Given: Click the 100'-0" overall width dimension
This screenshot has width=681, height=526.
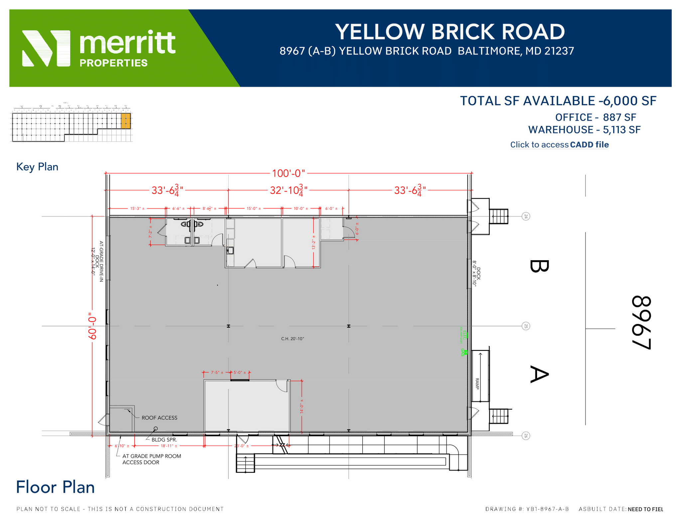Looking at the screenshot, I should pos(288,173).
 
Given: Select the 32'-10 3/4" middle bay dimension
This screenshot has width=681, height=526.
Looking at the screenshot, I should pos(288,190).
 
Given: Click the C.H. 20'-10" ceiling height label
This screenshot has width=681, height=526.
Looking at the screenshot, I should pos(292,339).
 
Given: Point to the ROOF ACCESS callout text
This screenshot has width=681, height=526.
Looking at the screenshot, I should pos(159,418).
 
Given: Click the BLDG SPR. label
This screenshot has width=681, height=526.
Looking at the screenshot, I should pos(164,440).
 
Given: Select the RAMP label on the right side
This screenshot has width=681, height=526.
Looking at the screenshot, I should pos(477,384).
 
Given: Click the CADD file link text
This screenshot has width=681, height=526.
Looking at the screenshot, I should pos(589,145).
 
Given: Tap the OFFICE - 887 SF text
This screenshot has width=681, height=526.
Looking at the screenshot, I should pos(595,117).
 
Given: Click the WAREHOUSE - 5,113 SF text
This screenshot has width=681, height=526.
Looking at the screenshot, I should pos(584,130).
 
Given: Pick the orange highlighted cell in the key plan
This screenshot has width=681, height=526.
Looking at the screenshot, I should pos(126,121).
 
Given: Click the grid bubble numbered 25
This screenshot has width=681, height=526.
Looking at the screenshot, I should pos(526,326).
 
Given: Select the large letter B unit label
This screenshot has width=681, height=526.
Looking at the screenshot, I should pos(538,266).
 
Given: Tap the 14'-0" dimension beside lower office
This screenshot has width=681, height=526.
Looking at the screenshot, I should pos(302,408).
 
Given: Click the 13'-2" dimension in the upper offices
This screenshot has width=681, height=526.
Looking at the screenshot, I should pos(313,242).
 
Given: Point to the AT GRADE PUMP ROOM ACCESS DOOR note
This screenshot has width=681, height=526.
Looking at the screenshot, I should pos(152,459).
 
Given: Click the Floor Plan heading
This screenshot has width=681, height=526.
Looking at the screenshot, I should pos(55,487).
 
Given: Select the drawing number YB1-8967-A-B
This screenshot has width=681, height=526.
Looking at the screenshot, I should pos(547,509).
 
